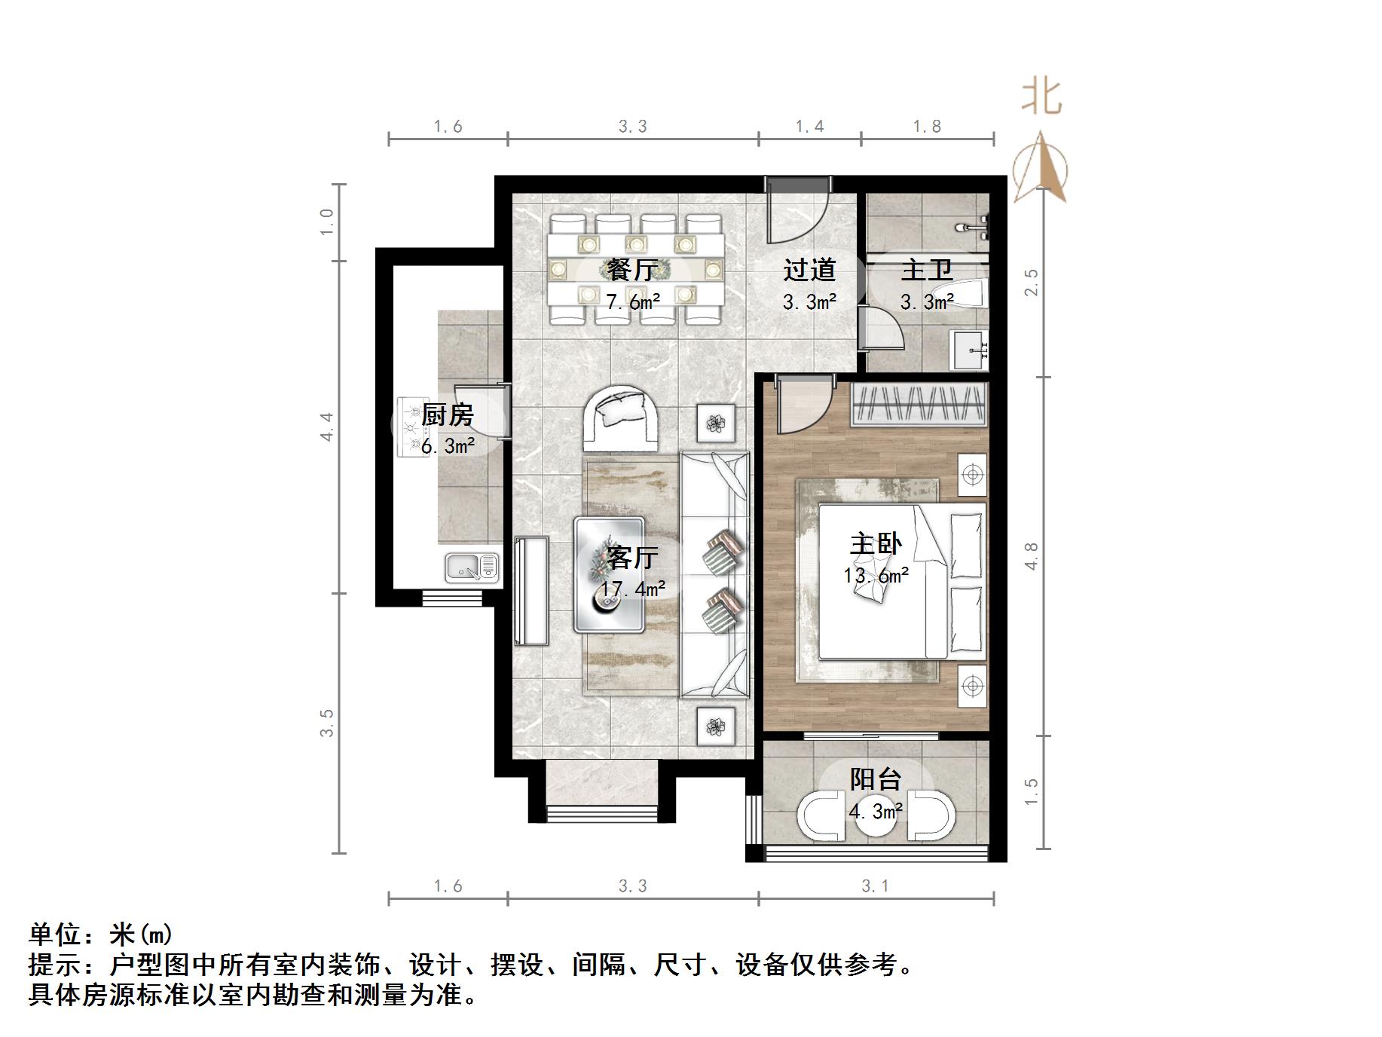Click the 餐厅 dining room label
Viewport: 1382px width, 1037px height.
(x=633, y=269)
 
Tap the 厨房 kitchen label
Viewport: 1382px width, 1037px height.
(x=448, y=414)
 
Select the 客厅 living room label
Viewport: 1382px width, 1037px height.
(x=633, y=558)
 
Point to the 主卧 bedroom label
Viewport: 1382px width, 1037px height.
(x=876, y=543)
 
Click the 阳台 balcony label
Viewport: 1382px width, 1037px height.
(x=876, y=779)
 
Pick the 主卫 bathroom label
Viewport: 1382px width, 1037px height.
(x=927, y=270)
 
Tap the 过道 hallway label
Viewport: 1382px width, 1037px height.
(x=809, y=270)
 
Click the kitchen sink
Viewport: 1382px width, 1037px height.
(x=472, y=567)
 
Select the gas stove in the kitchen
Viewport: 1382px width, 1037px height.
(x=411, y=427)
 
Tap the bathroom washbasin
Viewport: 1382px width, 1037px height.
(x=971, y=350)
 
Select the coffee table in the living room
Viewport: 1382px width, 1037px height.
(x=610, y=575)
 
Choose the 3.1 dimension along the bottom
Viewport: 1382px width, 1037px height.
(x=876, y=886)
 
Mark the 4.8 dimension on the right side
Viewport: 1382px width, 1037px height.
(x=1032, y=556)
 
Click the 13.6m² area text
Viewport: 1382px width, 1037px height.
(x=876, y=576)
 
